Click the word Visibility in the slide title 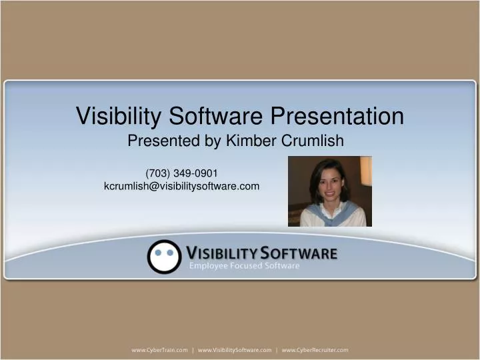point(117,116)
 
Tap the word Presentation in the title point(337,116)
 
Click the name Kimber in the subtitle point(249,141)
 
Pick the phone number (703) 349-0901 point(181,173)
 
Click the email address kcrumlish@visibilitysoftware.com point(181,186)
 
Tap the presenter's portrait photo point(329,191)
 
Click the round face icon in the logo point(164,257)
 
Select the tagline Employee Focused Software point(244,266)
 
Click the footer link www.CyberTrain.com point(159,350)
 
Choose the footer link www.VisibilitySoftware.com point(235,350)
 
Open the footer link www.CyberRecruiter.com point(315,350)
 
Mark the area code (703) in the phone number point(158,173)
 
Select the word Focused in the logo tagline point(248,266)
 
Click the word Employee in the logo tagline point(209,266)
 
